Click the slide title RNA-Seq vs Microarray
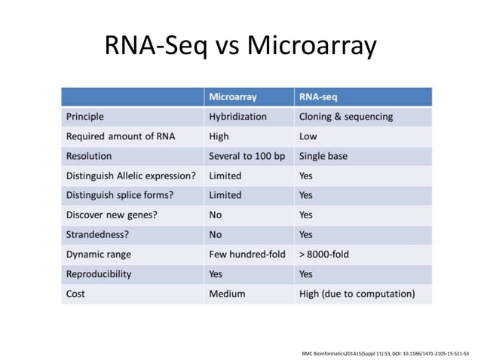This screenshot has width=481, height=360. click(240, 47)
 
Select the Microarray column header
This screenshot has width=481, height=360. click(232, 97)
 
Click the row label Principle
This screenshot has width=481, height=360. click(85, 117)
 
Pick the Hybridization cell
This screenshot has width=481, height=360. click(237, 117)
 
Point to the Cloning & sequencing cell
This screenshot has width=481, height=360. click(345, 117)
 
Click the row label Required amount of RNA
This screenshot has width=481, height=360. click(115, 136)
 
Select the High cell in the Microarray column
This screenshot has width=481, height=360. click(219, 136)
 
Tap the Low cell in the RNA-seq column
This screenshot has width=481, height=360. click(308, 136)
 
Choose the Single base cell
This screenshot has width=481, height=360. click(323, 156)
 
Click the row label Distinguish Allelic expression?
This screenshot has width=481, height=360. click(131, 175)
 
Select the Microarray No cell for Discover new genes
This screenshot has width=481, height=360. click(216, 215)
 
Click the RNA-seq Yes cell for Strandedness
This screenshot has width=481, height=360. click(306, 234)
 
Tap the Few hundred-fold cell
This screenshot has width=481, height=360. click(247, 254)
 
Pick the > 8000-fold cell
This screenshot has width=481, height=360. click(324, 254)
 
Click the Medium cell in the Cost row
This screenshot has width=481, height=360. click(227, 294)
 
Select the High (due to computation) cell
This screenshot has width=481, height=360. click(357, 294)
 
